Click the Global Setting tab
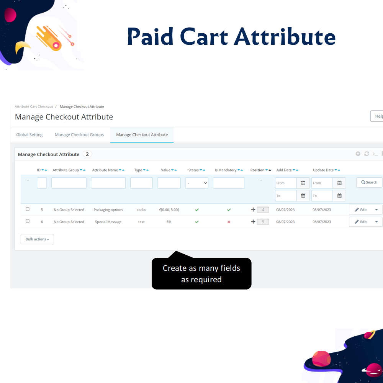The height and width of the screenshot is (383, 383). (x=29, y=135)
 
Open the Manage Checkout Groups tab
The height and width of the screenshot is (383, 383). (x=79, y=135)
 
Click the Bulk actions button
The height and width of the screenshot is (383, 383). (x=38, y=239)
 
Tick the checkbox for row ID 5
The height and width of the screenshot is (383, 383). (x=28, y=209)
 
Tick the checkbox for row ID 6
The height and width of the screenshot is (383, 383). (x=28, y=221)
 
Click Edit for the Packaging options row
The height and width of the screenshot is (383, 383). (x=361, y=210)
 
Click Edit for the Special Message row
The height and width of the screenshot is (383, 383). (x=361, y=222)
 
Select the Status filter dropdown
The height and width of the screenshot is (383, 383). (x=196, y=183)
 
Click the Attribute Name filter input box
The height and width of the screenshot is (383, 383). (x=108, y=183)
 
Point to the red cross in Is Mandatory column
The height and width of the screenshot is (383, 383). (x=229, y=222)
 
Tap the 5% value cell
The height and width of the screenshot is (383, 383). (x=169, y=222)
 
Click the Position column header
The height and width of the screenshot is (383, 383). (x=257, y=170)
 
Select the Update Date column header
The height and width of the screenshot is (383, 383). (x=323, y=170)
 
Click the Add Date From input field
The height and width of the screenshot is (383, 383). (x=286, y=183)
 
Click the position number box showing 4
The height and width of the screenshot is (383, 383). (x=263, y=210)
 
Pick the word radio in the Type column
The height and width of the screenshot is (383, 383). (x=141, y=210)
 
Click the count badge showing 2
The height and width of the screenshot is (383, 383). (x=87, y=154)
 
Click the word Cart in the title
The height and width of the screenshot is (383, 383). (x=204, y=37)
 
